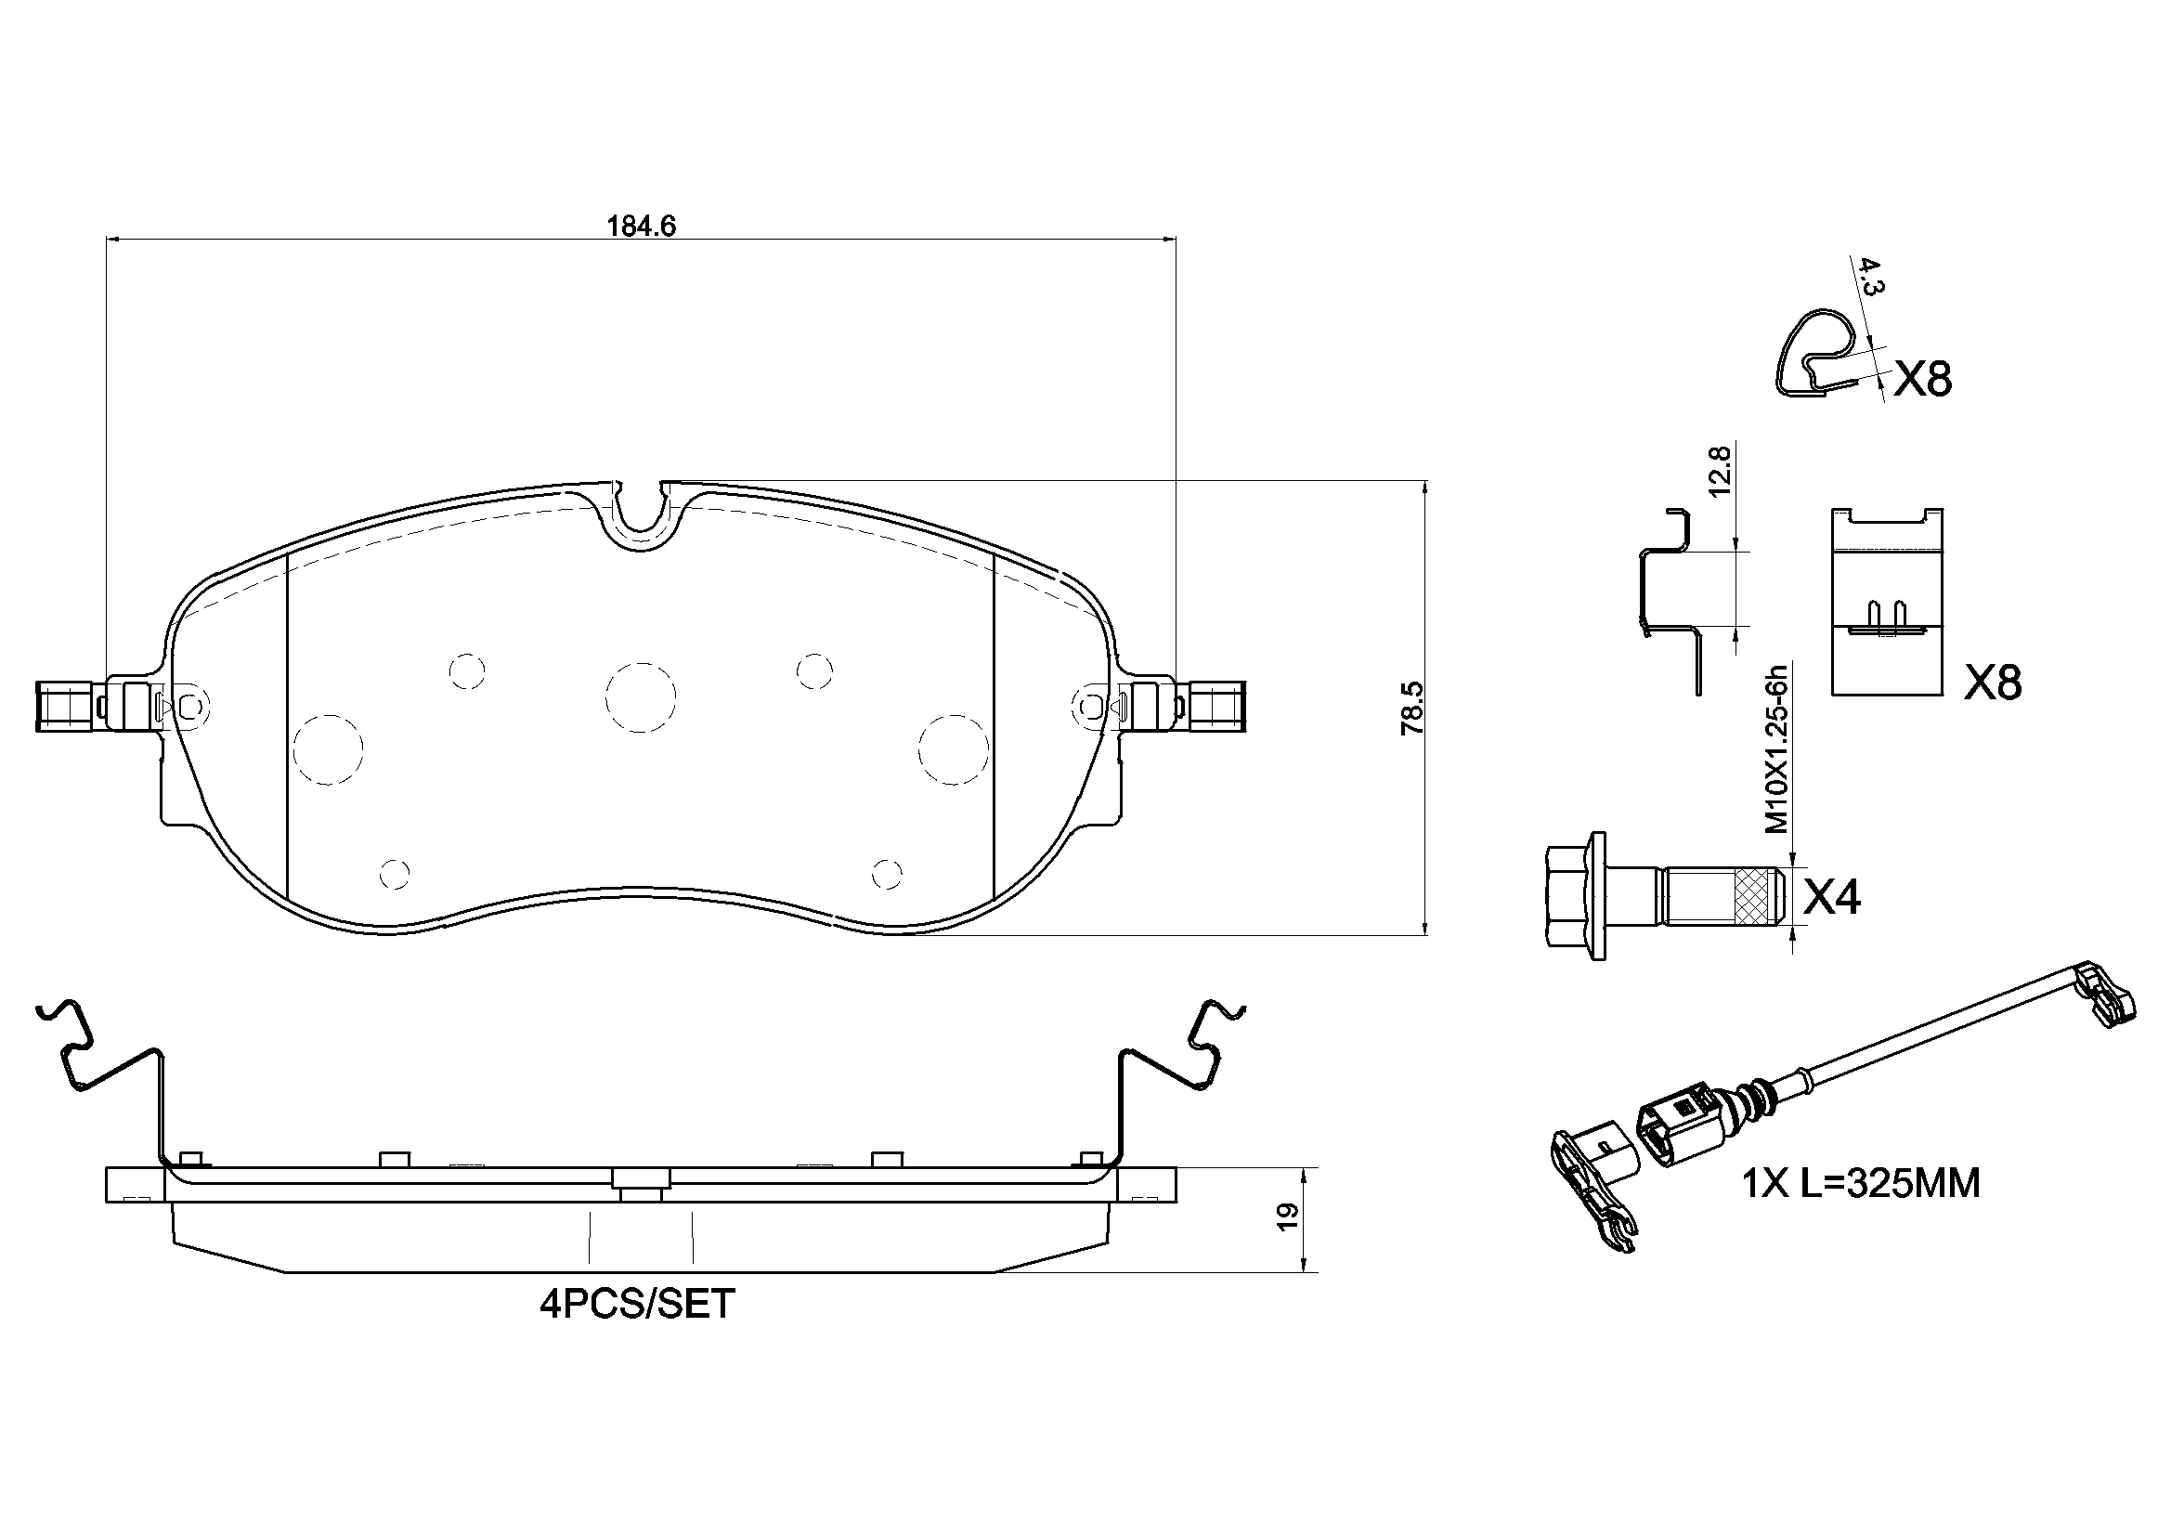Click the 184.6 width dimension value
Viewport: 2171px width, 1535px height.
pyautogui.click(x=641, y=226)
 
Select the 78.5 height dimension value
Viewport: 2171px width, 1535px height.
pyautogui.click(x=1412, y=709)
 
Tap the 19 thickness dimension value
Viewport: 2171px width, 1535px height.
pyautogui.click(x=1286, y=1218)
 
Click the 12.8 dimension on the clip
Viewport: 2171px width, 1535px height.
pyautogui.click(x=1720, y=471)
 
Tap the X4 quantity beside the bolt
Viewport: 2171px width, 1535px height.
pyautogui.click(x=1831, y=898)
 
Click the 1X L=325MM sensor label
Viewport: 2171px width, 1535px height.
pyautogui.click(x=1861, y=1183)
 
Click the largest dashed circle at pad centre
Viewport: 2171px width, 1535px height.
pyautogui.click(x=640, y=697)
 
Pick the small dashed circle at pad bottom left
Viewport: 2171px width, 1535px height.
pyautogui.click(x=395, y=873)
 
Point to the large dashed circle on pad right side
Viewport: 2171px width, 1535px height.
pyautogui.click(x=953, y=749)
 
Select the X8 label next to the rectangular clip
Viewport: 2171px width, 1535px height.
pyautogui.click(x=1993, y=683)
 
